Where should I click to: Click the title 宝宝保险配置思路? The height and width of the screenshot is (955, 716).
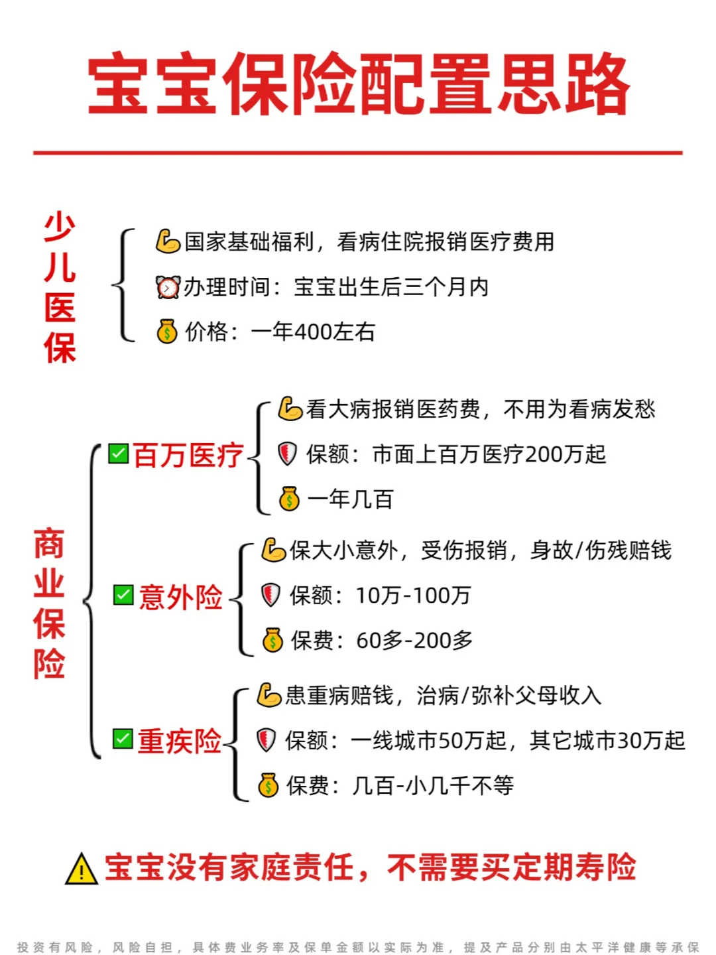click(x=359, y=84)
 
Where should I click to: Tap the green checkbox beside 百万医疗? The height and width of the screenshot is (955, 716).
click(x=118, y=454)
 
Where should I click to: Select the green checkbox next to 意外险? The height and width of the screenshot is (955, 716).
click(x=123, y=595)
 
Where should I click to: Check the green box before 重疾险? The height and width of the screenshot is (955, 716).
click(x=123, y=738)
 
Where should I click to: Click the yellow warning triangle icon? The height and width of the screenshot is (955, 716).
click(x=82, y=869)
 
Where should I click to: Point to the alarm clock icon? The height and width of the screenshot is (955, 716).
click(x=168, y=286)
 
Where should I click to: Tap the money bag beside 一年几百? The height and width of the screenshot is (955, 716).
click(x=289, y=499)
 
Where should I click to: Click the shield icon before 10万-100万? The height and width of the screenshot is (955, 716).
click(x=271, y=595)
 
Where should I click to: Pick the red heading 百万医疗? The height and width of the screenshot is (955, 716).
click(x=188, y=455)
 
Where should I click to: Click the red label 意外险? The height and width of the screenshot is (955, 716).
click(x=180, y=597)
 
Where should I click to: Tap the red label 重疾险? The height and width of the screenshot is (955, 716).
click(x=180, y=741)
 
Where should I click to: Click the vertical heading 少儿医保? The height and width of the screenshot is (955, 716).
click(x=60, y=287)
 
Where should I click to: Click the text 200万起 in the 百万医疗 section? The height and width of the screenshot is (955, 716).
click(x=565, y=454)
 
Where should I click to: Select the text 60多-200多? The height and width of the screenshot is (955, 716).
click(x=414, y=640)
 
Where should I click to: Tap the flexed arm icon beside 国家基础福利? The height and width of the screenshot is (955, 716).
click(x=168, y=241)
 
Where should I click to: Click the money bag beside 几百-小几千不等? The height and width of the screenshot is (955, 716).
click(x=268, y=785)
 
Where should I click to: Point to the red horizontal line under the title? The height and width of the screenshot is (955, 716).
click(x=358, y=153)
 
